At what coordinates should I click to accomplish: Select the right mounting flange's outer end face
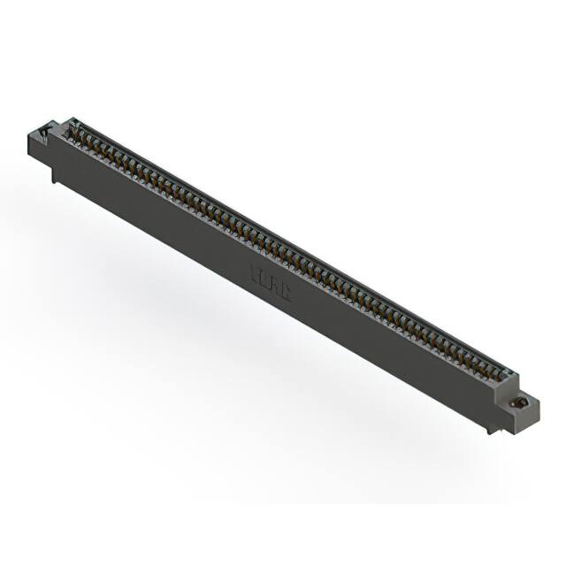tap(532, 416)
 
